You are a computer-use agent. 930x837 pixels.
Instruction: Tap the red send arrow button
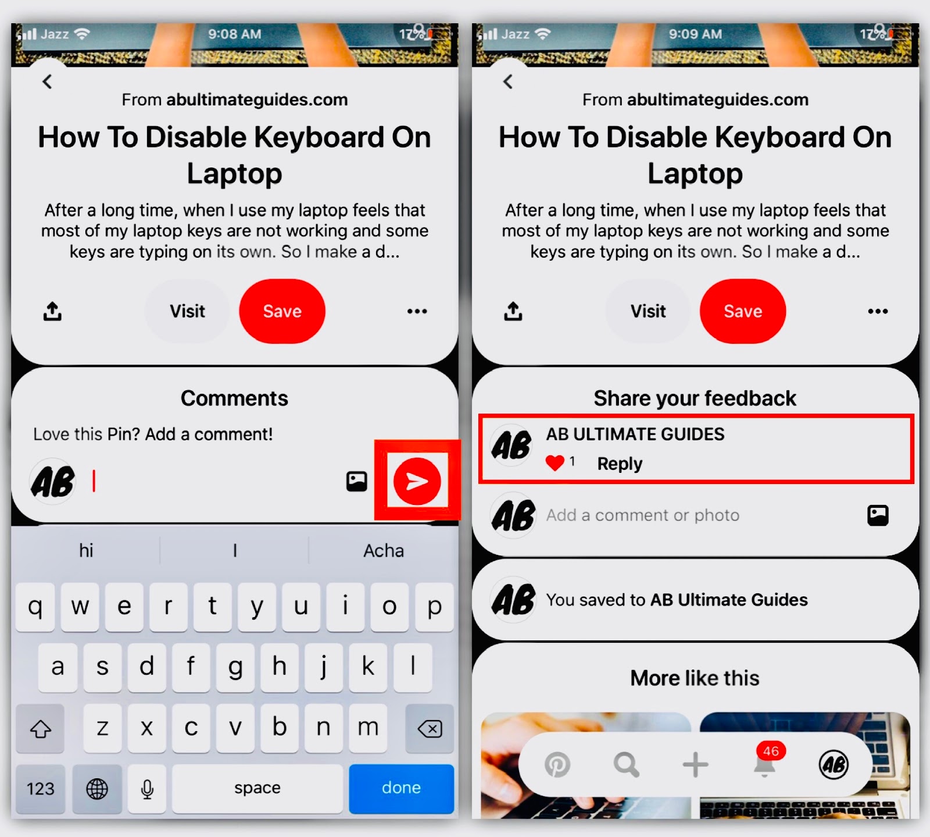tap(417, 481)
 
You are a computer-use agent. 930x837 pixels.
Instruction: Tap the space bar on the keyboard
tap(257, 788)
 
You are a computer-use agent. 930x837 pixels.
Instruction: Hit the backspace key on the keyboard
tap(430, 728)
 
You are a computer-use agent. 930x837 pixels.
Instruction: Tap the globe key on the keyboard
tap(97, 789)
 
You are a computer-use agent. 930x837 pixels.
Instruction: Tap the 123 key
tap(40, 789)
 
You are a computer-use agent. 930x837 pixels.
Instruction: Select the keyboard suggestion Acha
tap(384, 550)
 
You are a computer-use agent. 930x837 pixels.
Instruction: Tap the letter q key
tap(35, 607)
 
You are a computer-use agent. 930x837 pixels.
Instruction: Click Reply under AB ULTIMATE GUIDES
tap(620, 464)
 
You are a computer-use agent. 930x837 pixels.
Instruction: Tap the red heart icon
tap(555, 463)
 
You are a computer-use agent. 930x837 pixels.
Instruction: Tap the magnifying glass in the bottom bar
tap(627, 764)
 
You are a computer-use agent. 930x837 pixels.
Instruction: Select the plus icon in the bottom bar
tap(695, 764)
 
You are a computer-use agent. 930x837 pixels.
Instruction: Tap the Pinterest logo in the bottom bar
tap(557, 764)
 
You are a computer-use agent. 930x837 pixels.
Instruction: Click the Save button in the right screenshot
tap(743, 311)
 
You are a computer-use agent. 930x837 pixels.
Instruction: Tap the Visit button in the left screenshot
tap(187, 311)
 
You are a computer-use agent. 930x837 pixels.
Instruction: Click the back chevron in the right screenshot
tap(508, 81)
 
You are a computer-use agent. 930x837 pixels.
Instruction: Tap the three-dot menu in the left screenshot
tap(417, 311)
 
